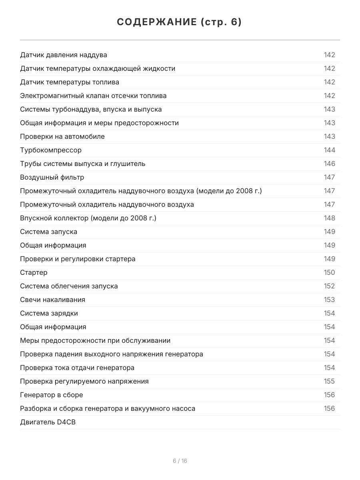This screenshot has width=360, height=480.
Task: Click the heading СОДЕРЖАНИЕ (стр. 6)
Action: [x=180, y=22]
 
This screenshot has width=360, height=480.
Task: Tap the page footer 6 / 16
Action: [x=180, y=461]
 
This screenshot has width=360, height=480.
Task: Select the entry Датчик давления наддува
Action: [x=64, y=55]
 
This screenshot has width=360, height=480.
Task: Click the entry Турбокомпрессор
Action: [x=51, y=150]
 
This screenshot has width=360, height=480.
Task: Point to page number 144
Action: [x=329, y=150]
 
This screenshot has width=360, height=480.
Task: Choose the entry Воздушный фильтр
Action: [x=52, y=177]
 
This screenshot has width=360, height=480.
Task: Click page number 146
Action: [x=329, y=164]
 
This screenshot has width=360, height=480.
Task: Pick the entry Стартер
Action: [x=34, y=272]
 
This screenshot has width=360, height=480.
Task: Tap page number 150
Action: [x=329, y=272]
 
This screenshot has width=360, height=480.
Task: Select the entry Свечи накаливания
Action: [x=52, y=300]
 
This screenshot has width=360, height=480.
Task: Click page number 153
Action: [x=329, y=300]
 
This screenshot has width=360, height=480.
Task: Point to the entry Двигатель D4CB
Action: [x=48, y=422]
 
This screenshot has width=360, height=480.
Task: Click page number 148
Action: [x=329, y=218]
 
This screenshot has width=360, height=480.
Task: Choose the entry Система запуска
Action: [x=48, y=232]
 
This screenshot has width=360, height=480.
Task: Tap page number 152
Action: [x=329, y=286]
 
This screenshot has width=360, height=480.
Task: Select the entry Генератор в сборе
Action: [x=52, y=395]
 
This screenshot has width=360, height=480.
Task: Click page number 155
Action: [x=329, y=381]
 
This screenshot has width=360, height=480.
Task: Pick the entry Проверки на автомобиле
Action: [x=62, y=136]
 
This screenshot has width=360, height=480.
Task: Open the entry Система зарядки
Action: [x=49, y=313]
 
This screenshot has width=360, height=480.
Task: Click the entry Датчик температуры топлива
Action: [x=70, y=82]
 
